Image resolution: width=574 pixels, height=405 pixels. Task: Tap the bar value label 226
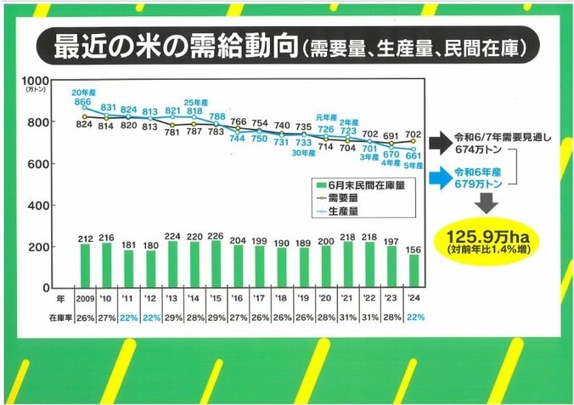[216, 236]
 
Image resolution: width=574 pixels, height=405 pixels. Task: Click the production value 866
[82, 102]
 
